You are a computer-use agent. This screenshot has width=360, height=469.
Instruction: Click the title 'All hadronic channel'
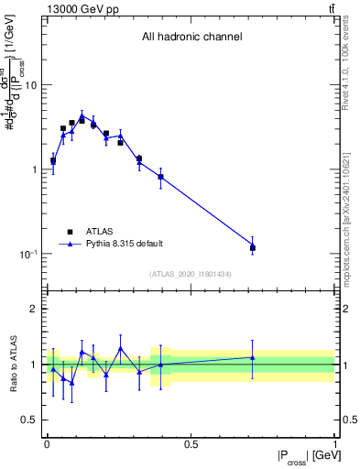(191, 37)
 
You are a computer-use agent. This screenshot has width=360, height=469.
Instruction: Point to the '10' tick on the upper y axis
(34, 85)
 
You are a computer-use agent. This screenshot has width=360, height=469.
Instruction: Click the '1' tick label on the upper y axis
(37, 169)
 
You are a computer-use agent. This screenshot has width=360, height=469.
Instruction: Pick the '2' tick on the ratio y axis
(37, 309)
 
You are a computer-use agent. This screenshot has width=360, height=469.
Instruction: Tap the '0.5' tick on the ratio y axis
(32, 420)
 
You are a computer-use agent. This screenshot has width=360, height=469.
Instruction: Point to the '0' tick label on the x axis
(46, 443)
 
